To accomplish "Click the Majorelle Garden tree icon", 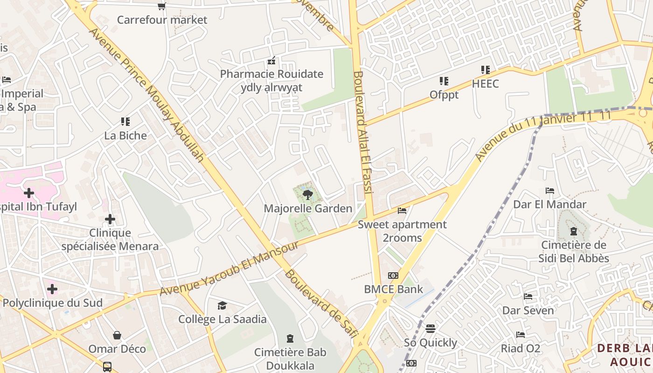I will coord(307,195).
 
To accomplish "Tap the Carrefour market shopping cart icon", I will coord(161,6).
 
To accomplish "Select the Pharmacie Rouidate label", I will coord(271,74).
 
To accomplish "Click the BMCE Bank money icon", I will coord(393,276).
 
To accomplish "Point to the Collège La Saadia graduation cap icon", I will coord(222,306).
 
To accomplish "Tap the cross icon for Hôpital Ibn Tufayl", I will coord(29,193).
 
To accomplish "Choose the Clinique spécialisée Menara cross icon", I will coord(110,219).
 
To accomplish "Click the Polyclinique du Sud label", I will coord(52,303).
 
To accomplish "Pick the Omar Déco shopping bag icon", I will coord(117,335).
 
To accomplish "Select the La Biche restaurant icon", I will coord(125,122).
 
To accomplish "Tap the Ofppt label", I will coord(444,95).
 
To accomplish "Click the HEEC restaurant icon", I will coord(485,70).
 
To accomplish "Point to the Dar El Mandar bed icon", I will coord(550,191).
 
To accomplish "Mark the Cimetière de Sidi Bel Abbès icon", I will coord(573,231).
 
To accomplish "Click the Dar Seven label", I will coord(528,310).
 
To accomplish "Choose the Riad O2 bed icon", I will coord(521,335).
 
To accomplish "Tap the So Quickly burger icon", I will coord(430,329).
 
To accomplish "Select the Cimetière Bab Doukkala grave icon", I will coord(290,338).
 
